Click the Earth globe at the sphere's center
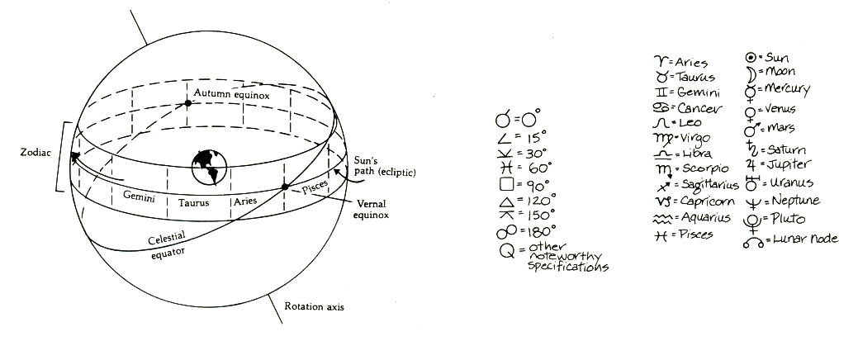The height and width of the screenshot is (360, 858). [x=209, y=167]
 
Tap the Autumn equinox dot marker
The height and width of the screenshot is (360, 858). [x=189, y=104]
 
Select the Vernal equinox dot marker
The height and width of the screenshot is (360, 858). [x=286, y=187]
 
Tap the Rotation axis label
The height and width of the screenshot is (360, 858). [x=314, y=307]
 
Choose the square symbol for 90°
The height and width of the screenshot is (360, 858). [x=506, y=182]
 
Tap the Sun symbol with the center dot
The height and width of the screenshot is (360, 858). [x=751, y=57]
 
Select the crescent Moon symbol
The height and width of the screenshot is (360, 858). [x=751, y=73]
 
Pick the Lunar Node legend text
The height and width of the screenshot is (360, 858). [x=805, y=239]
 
